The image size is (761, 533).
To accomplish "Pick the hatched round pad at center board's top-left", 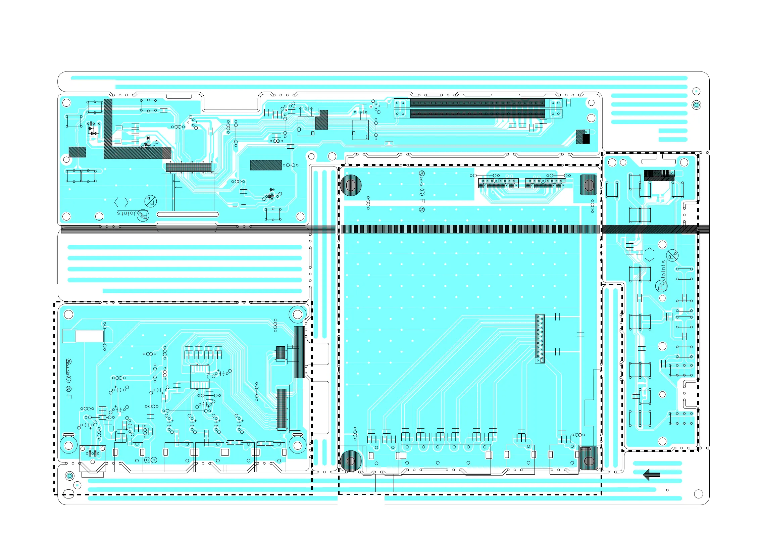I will pos(351,185).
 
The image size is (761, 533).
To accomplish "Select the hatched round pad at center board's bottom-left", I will pos(351,461).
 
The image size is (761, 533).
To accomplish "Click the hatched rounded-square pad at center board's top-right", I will pos(589,185).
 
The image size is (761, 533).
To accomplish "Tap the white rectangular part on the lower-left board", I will pos(89,336).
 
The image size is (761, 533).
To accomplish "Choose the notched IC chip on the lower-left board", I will pos(200,377).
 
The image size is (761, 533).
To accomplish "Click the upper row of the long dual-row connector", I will pos(477,103).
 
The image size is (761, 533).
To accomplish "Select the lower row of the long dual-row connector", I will pos(477,114).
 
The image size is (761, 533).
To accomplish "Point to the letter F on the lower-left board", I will pos(69,396).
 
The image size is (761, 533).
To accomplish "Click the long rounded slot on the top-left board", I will pos(188,214).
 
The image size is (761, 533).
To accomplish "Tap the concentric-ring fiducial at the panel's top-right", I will pos(697,105).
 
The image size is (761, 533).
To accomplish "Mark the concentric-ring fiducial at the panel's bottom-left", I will pos(70,476).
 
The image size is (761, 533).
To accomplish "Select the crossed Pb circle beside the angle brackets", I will pos(151,201).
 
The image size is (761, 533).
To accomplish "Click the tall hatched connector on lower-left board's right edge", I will pos(299,352).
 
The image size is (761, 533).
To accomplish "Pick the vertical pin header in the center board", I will pos(540,338).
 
